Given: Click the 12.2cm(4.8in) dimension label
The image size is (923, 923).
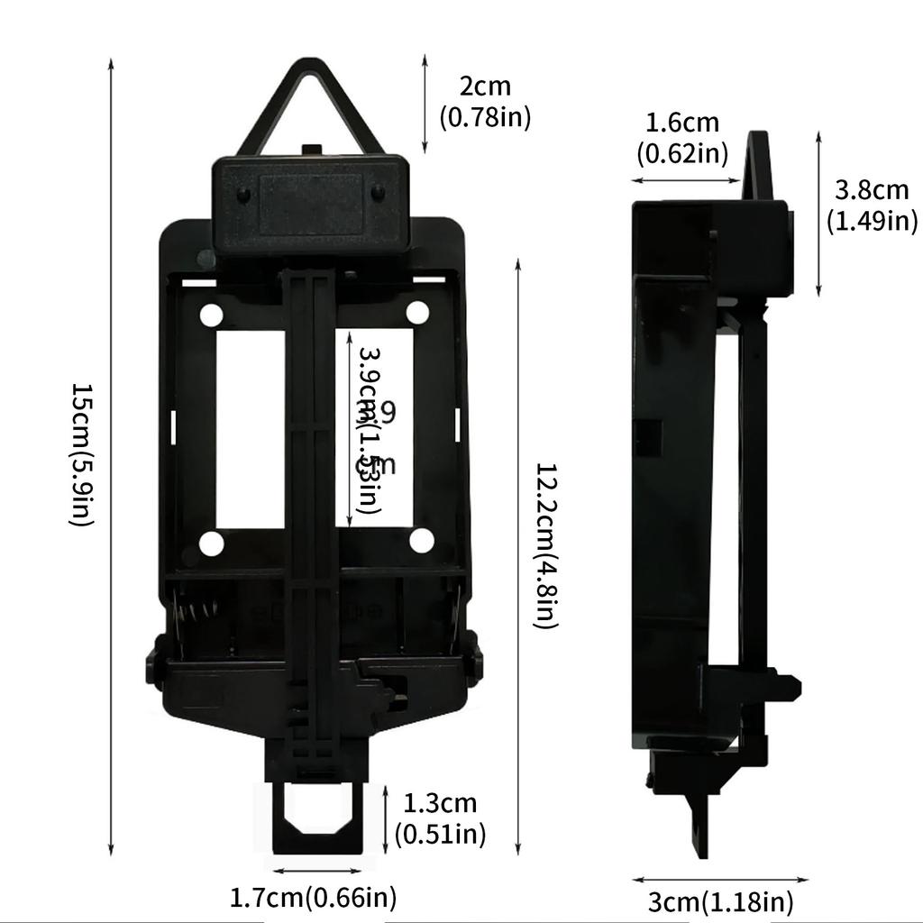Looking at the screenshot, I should click(x=545, y=545).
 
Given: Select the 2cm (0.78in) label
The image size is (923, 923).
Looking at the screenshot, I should click(x=485, y=101).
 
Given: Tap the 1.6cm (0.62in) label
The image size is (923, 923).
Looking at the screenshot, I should click(x=682, y=138).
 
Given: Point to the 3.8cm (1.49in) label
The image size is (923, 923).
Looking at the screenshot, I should click(x=871, y=205).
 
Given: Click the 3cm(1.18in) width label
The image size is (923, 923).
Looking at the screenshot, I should click(x=721, y=901).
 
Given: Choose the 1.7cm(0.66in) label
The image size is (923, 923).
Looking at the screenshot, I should click(x=313, y=898).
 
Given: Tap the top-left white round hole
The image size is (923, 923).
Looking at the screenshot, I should click(x=211, y=315).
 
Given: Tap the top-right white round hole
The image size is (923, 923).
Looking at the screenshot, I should click(x=417, y=312).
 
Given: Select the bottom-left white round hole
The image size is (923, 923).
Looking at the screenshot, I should click(x=211, y=544).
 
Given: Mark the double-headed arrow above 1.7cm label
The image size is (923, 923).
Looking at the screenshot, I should click(x=317, y=871).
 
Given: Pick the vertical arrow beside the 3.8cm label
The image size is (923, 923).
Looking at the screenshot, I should click(x=818, y=214).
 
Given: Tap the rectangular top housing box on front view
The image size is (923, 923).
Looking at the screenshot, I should click(x=311, y=203).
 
